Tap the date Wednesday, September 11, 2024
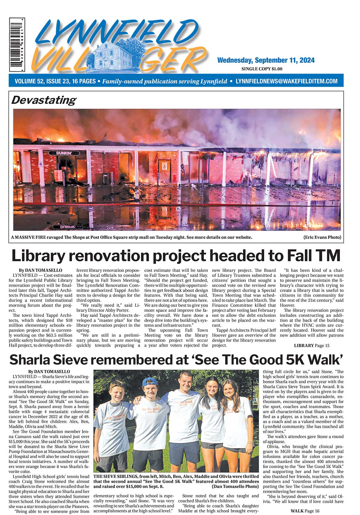[x=265, y=60]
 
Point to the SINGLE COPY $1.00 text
[x=262, y=69]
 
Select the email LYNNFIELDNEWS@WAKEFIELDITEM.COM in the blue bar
[x=286, y=81]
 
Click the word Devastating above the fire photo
[x=43, y=100]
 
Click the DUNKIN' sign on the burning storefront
[x=64, y=153]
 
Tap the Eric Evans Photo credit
[x=322, y=237]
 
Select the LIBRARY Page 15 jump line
[x=311, y=345]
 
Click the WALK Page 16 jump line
[x=304, y=511]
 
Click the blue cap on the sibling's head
[x=148, y=382]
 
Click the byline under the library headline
[x=40, y=270]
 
